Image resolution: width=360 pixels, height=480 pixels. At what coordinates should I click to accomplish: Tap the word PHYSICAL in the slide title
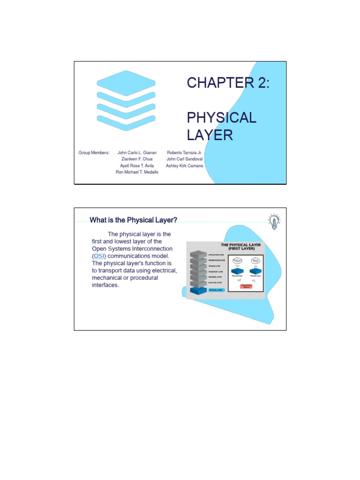221,117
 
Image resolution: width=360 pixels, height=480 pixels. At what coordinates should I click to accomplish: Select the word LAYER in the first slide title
210,135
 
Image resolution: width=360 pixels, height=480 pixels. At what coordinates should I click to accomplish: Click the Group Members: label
94,153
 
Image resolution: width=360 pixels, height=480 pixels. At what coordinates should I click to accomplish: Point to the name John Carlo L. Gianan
137,153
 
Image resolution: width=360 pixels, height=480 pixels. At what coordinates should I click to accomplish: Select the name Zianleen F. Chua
137,159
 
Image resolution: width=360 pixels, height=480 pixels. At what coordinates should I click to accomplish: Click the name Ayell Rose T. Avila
137,166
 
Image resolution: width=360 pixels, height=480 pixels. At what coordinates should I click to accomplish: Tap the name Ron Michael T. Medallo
137,172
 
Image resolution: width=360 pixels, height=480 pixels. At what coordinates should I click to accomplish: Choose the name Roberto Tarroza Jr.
185,153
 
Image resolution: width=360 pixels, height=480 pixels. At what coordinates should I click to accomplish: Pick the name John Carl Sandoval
185,159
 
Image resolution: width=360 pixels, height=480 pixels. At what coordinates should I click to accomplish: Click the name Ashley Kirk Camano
185,166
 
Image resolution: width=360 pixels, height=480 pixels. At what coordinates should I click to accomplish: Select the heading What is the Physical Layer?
133,220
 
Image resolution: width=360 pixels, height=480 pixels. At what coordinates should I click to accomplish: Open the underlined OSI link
99,256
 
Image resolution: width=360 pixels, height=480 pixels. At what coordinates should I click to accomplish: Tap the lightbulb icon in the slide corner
274,221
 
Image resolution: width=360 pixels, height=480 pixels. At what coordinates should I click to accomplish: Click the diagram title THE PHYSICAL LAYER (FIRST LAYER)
241,247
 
